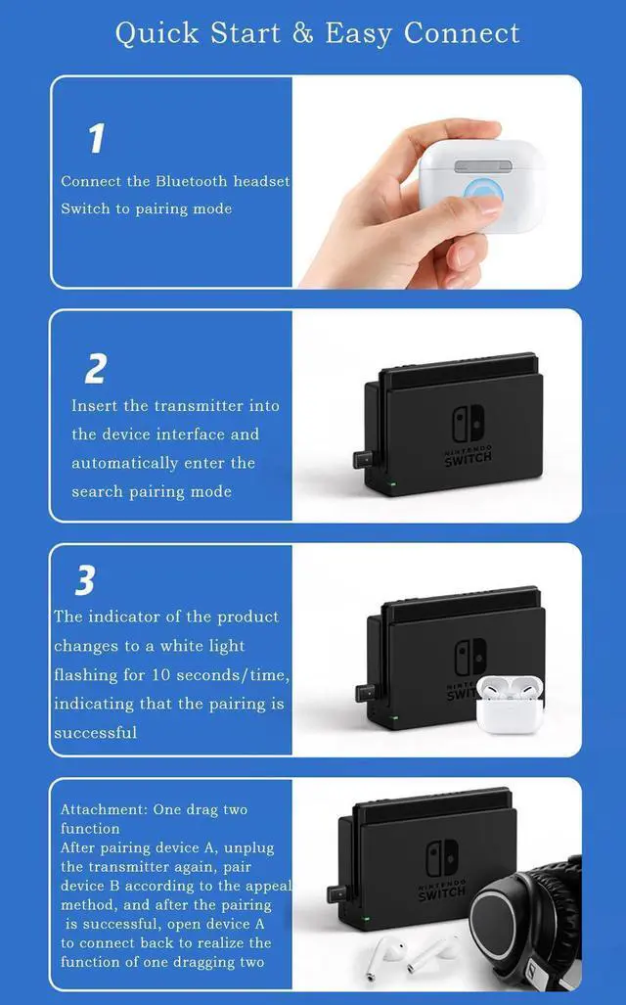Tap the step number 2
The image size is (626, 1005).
tap(96, 369)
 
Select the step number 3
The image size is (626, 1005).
tap(85, 581)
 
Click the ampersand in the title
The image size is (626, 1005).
tap(302, 33)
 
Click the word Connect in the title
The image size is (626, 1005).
tap(462, 33)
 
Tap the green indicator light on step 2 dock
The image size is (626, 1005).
tap(391, 482)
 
